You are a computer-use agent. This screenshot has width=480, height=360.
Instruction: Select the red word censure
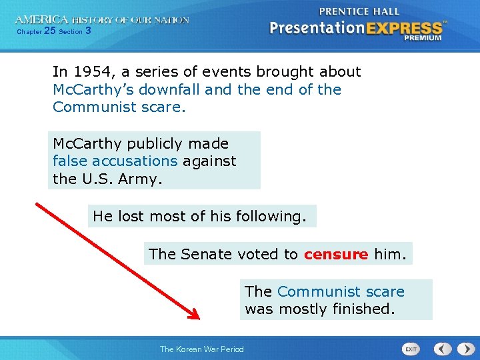[x=336, y=254]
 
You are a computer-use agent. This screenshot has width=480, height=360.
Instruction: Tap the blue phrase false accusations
[x=115, y=161]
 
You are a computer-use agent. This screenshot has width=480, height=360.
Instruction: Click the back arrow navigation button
[x=443, y=349]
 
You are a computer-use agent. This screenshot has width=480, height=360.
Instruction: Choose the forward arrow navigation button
[x=463, y=349]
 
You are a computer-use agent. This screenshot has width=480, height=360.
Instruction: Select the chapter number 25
[x=50, y=31]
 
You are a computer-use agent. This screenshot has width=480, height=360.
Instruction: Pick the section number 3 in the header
[x=89, y=31]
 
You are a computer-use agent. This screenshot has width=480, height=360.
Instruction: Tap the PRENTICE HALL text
[x=359, y=11]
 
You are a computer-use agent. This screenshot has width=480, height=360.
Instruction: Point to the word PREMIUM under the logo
[x=423, y=38]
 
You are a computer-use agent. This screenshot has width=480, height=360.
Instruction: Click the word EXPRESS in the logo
[x=403, y=28]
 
